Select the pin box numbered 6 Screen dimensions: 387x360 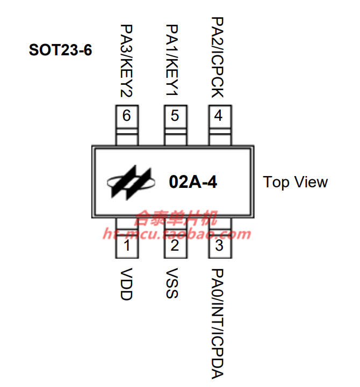tap(127, 116)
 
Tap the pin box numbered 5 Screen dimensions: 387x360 tap(175, 116)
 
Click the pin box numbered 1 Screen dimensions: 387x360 tap(127, 246)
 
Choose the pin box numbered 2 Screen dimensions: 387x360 tap(175, 246)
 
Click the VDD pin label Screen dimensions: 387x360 tap(126, 284)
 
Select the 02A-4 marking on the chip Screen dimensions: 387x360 tap(193, 182)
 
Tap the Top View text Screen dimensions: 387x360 tap(296, 182)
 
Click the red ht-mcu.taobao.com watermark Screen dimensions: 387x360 tap(177, 234)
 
